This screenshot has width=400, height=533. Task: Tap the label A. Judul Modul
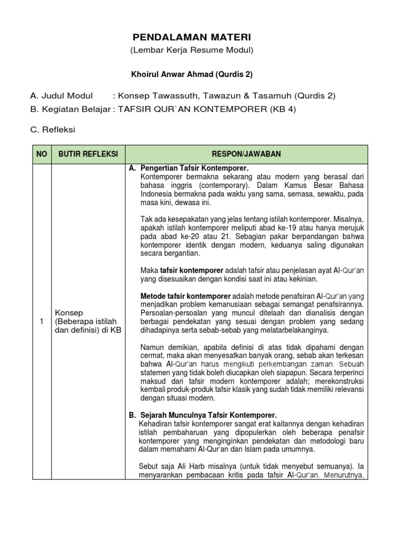(x=61, y=96)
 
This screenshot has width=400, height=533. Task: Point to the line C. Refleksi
(x=53, y=130)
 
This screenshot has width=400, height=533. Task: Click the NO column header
(x=41, y=154)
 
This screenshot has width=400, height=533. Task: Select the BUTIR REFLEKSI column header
(x=88, y=154)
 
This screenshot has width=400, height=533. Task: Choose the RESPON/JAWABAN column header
(x=246, y=154)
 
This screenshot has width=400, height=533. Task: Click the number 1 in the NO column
(x=41, y=322)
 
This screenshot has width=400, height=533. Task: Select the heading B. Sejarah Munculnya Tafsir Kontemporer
(x=203, y=415)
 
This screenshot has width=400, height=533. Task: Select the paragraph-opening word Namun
(x=153, y=347)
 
